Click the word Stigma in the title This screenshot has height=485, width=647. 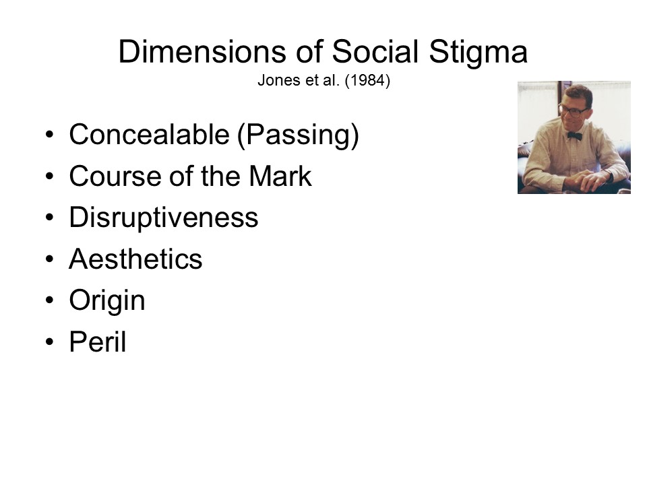(479, 53)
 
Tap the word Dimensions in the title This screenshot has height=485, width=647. (202, 52)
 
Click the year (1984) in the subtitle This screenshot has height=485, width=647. (367, 80)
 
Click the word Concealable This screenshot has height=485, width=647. (150, 135)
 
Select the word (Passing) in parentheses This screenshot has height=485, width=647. (299, 135)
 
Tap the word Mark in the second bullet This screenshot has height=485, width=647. (280, 176)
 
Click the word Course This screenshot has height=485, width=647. (115, 176)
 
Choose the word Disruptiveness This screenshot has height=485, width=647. (164, 218)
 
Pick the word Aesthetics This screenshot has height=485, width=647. (135, 259)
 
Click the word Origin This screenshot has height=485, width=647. (107, 300)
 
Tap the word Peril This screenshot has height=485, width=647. (98, 342)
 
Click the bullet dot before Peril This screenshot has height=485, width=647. (49, 342)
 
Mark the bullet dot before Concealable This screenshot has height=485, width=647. (49, 135)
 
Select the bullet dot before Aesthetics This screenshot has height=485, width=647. (49, 259)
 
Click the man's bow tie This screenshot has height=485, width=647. (574, 136)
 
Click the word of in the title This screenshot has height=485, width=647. (309, 52)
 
